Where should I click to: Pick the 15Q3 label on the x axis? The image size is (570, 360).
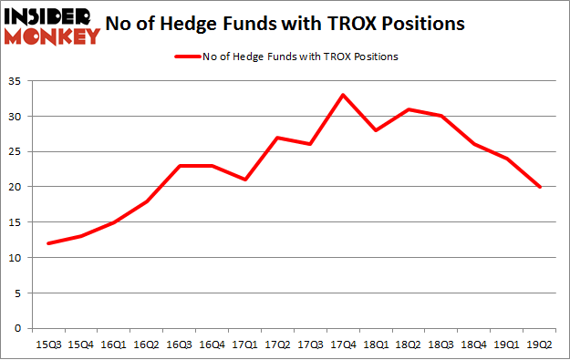pyautogui.click(x=47, y=345)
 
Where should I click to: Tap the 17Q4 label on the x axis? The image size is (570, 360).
pyautogui.click(x=343, y=345)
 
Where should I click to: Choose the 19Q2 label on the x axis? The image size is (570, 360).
pyautogui.click(x=540, y=345)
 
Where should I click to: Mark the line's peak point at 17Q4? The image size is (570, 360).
pyautogui.click(x=343, y=95)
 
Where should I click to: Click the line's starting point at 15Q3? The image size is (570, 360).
pyautogui.click(x=47, y=243)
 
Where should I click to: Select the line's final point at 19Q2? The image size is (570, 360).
pyautogui.click(x=540, y=187)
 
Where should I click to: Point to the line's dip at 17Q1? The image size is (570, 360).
pyautogui.click(x=244, y=180)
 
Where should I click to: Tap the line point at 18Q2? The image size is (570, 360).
pyautogui.click(x=409, y=109)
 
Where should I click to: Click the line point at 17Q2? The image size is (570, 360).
pyautogui.click(x=277, y=138)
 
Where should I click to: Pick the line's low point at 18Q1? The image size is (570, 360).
pyautogui.click(x=376, y=130)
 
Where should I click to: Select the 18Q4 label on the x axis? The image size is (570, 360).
pyautogui.click(x=474, y=345)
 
